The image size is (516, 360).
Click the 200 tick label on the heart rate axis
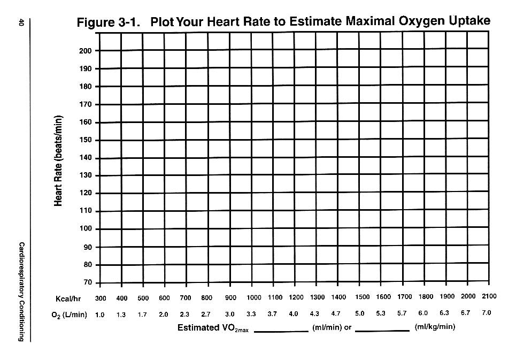(86, 51)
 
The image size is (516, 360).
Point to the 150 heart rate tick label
(86, 140)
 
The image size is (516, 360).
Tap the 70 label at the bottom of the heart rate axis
(87, 282)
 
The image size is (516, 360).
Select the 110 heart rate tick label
(86, 211)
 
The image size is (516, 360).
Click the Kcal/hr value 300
(101, 298)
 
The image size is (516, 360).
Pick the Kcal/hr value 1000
(255, 298)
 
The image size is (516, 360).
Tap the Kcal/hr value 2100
(489, 296)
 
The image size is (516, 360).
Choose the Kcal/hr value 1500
(363, 297)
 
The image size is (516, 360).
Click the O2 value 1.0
(100, 315)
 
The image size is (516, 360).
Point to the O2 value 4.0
(293, 314)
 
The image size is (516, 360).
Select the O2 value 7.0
(486, 313)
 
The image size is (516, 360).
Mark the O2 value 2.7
(206, 315)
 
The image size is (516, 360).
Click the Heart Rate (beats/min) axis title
(59, 161)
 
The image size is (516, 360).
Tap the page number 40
(21, 22)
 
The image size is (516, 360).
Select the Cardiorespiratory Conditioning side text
(21, 292)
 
